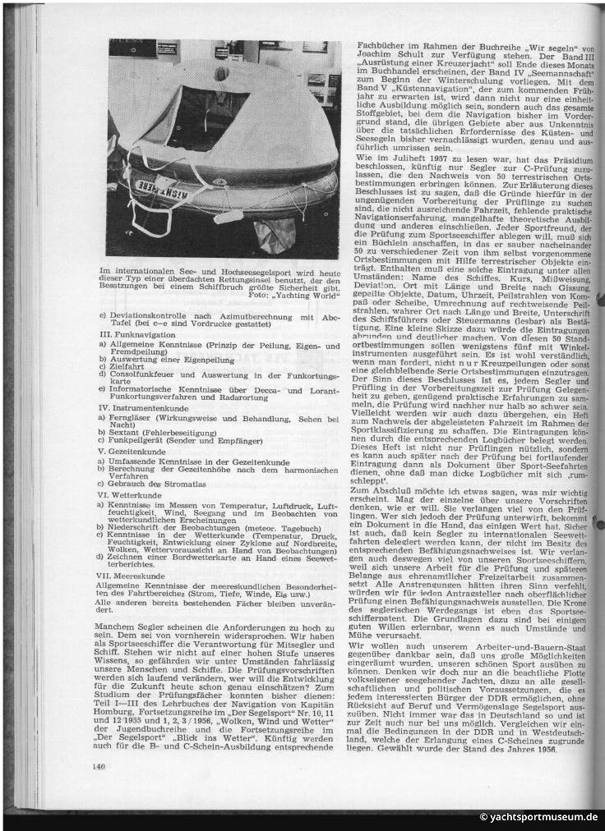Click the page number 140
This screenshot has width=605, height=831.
click(x=99, y=767)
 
